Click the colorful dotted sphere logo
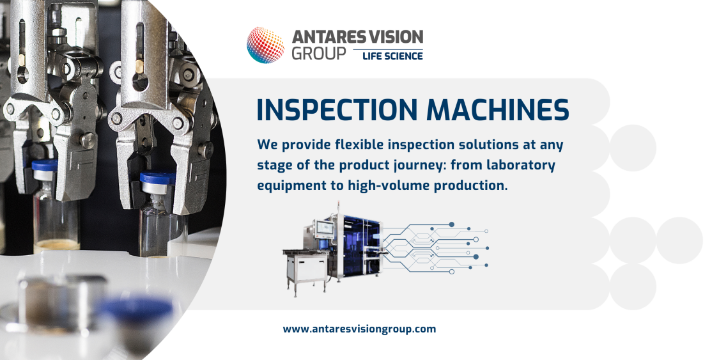coord(265,45)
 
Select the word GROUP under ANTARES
coord(319,54)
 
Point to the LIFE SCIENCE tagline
coord(392,56)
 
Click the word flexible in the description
coord(359,145)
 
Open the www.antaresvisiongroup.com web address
coord(359,329)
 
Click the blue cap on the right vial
coord(158,178)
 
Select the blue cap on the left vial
coord(45,164)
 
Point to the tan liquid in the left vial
coord(56,246)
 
